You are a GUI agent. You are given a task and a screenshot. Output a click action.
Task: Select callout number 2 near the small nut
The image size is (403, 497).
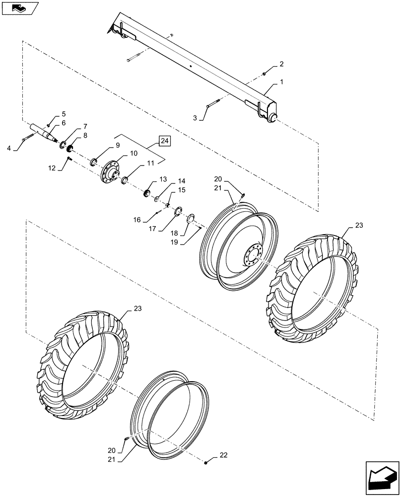coord(196,118)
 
